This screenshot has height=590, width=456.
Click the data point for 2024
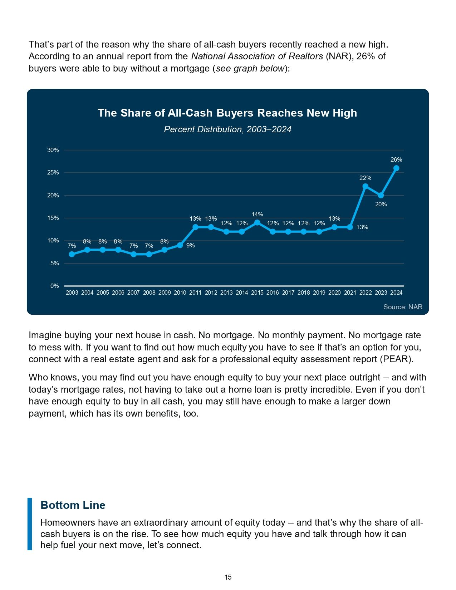(396, 168)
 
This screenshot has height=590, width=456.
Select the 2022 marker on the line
(365, 186)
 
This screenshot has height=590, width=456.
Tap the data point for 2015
(257, 223)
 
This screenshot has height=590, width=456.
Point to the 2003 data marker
(72, 254)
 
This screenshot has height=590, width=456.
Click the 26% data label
(396, 159)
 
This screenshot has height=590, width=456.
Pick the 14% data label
(257, 214)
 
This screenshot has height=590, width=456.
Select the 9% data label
(191, 245)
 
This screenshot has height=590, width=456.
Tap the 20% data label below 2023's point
(381, 205)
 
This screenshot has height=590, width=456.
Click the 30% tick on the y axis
(53, 150)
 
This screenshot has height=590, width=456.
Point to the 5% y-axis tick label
(54, 263)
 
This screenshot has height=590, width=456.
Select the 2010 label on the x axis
(180, 292)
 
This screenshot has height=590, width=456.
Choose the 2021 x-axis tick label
(350, 292)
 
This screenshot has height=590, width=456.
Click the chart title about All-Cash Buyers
(227, 113)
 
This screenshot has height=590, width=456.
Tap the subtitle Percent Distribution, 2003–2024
(227, 129)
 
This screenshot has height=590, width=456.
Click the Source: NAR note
(403, 307)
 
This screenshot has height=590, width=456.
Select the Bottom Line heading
(73, 505)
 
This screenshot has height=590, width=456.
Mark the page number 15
(228, 577)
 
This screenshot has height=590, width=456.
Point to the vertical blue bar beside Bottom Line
(30, 523)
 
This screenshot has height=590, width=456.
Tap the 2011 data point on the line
(195, 227)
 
